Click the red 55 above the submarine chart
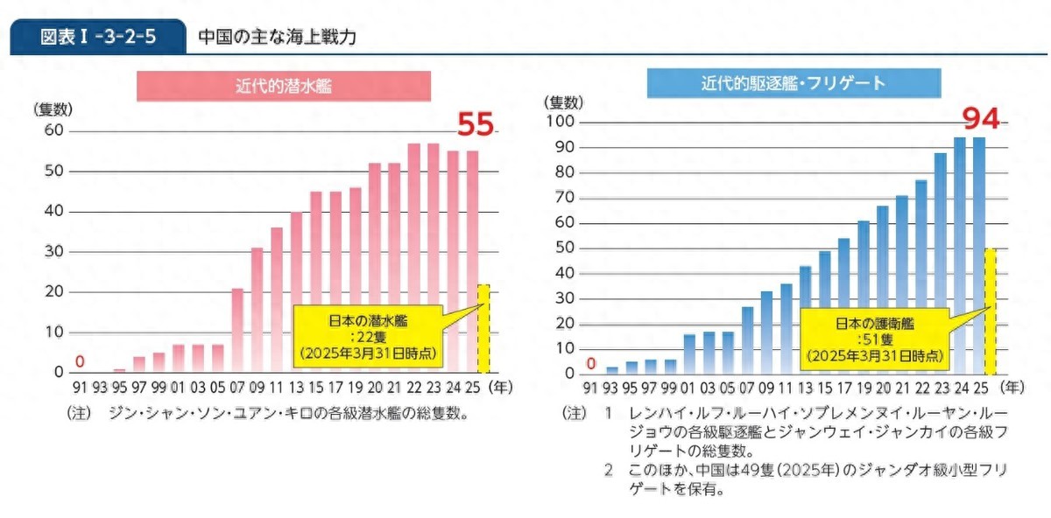pos(476,125)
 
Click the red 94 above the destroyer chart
pos(981,117)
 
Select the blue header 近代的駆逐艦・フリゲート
pos(793,83)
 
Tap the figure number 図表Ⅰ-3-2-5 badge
pos(98,38)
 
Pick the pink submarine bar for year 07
pos(237,330)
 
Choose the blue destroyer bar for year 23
pos(941,262)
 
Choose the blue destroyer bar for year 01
pos(689,353)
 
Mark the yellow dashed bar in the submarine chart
pos(483,327)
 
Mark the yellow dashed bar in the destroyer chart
pos(991,311)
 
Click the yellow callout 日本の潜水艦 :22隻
pos(366,338)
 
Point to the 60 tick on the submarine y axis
pos(54,130)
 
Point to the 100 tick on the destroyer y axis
pos(561,122)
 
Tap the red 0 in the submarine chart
pos(80,360)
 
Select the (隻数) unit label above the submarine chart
pos(53,109)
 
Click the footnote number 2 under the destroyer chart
pos(609,471)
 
